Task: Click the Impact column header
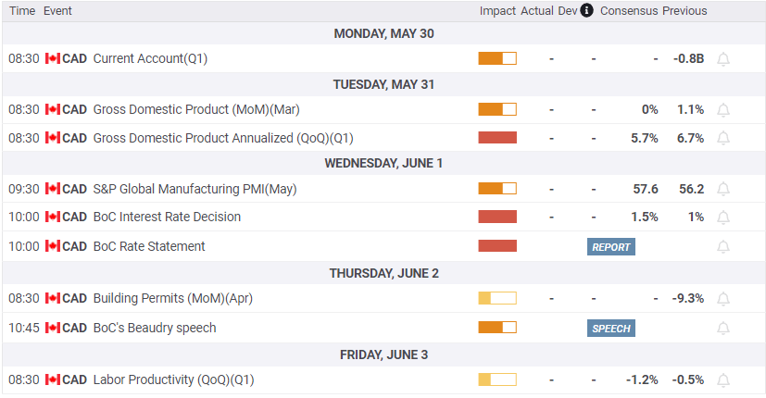(497, 11)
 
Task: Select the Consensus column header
(629, 11)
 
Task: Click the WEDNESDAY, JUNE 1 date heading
(383, 163)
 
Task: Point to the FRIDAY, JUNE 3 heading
(383, 354)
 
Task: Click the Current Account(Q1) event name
(151, 58)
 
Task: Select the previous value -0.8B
(688, 58)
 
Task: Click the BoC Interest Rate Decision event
(167, 217)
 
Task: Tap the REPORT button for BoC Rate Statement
(610, 246)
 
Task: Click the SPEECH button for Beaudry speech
(610, 328)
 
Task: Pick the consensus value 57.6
(646, 189)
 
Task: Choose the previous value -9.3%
(689, 298)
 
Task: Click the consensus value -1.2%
(642, 379)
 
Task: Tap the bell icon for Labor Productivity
(723, 379)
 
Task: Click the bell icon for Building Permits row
(723, 298)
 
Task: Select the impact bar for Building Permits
(497, 298)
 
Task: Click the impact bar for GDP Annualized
(497, 138)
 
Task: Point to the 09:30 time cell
(23, 189)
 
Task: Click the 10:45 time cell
(23, 328)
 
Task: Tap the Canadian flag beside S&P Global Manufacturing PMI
(52, 189)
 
